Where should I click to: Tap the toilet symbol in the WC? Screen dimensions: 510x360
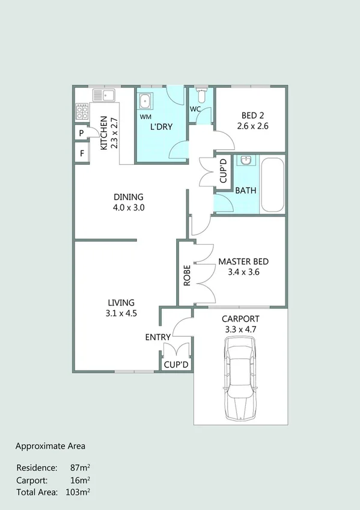pos(202,96)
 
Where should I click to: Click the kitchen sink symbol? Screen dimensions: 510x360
pos(103,95)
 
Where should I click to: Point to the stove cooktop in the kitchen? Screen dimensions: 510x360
pos(81,111)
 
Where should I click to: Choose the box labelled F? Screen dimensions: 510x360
pos(81,153)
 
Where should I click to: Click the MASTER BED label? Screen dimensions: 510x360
pos(243,262)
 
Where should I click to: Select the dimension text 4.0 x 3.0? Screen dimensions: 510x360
pos(129,207)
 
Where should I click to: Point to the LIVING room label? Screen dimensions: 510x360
pos(121,303)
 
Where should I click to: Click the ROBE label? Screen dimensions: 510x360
pos(187,275)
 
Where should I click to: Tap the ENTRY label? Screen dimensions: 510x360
pos(158,337)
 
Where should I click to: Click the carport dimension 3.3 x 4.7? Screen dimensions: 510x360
pos(240,329)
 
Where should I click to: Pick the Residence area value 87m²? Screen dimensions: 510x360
pos(80,467)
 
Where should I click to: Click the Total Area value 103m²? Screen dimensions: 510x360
pos(78,492)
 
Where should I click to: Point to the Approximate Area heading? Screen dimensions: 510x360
pos(50,446)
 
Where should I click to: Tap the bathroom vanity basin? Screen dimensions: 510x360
pos(245,161)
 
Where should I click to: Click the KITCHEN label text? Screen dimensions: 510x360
pos(103,133)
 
